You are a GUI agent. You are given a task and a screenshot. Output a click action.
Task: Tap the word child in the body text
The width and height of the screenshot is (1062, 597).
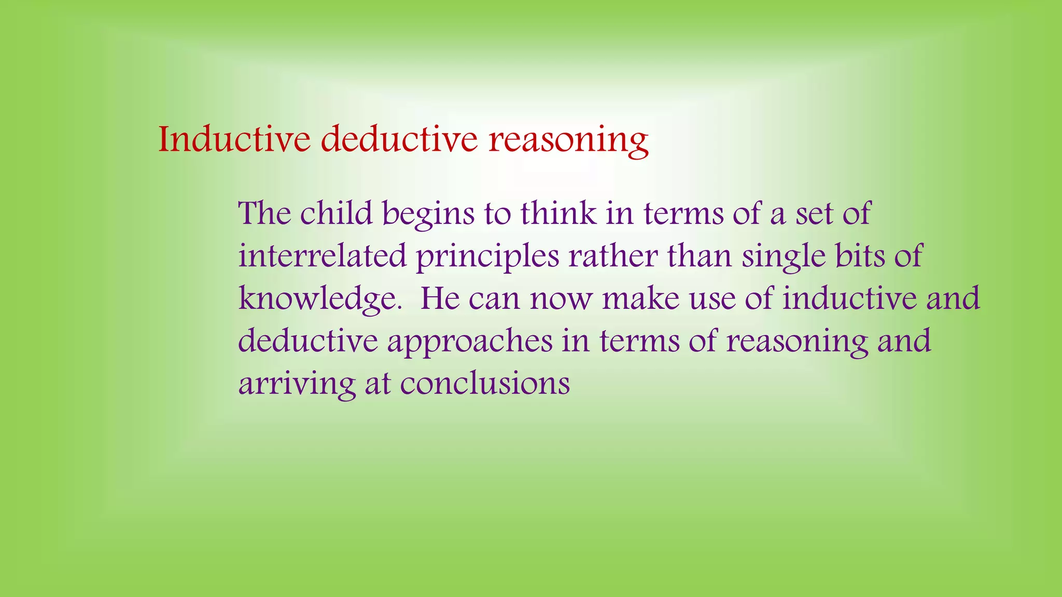(x=337, y=213)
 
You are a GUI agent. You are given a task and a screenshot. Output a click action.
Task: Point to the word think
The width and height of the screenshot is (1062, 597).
(x=558, y=213)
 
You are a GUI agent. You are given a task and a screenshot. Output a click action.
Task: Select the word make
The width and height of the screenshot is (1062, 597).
(x=640, y=298)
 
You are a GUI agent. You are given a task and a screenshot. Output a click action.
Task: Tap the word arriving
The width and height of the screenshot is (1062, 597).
(x=296, y=385)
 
